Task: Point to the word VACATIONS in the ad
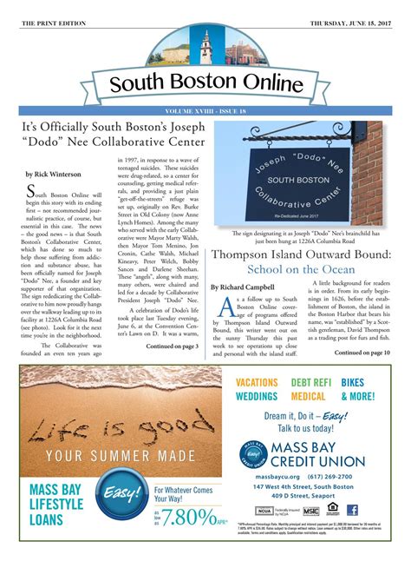pos(257,382)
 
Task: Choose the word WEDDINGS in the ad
pos(257,396)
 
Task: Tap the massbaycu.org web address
pos(276,476)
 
